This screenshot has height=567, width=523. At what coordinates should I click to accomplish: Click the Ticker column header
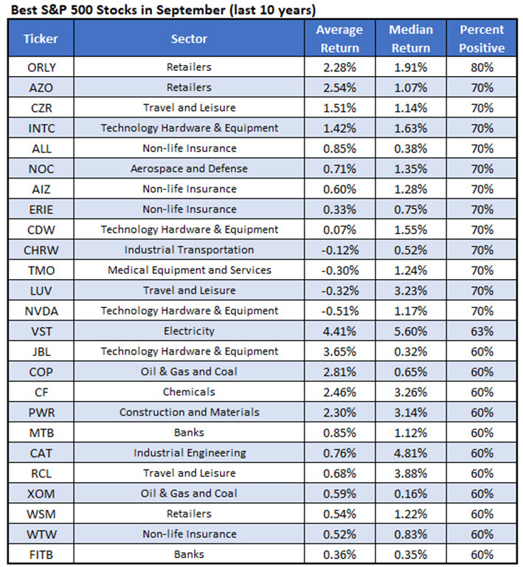40,38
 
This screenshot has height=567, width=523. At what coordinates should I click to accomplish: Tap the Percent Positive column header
481,38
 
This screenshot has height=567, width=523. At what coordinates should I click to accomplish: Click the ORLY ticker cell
40,67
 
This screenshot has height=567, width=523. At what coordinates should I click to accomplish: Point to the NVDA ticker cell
40,311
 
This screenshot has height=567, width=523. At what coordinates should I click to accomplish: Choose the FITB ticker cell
40,554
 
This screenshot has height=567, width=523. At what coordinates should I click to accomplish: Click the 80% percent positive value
481,67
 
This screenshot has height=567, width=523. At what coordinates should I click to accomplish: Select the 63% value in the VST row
481,331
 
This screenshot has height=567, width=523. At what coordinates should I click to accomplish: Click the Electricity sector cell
190,331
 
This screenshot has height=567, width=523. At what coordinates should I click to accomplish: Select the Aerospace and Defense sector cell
190,168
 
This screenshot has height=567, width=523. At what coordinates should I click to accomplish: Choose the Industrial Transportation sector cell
190,250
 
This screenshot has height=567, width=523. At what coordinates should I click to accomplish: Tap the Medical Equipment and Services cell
190,270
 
